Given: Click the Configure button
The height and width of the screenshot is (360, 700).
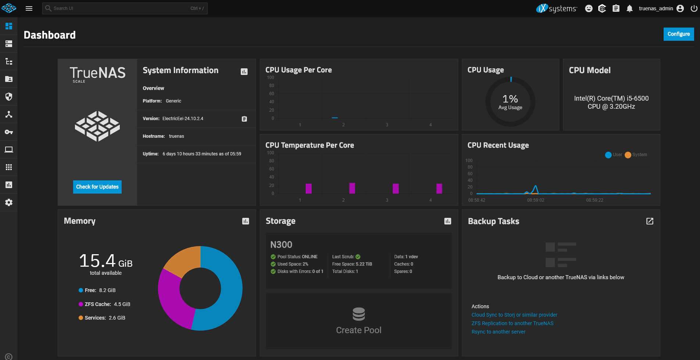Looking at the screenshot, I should [x=678, y=34].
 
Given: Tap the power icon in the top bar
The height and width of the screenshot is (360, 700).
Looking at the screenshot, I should [x=694, y=8].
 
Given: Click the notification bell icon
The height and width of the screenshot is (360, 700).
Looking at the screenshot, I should [x=629, y=8].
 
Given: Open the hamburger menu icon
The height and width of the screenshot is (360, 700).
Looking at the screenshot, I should [x=29, y=8].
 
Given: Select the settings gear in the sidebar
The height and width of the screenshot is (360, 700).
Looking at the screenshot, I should [x=9, y=202].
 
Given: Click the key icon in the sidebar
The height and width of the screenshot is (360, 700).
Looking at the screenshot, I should [x=9, y=132].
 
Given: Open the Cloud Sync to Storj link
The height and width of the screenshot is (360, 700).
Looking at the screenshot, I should [x=514, y=315].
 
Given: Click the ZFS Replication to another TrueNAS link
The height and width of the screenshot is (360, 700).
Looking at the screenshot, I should [x=512, y=323].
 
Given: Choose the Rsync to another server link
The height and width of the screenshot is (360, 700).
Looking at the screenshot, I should [x=498, y=332].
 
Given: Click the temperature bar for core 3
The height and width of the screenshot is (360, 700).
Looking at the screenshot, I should [x=396, y=188].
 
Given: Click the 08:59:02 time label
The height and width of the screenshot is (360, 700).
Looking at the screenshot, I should [x=535, y=200].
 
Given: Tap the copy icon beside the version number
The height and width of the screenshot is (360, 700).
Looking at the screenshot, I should [x=244, y=119].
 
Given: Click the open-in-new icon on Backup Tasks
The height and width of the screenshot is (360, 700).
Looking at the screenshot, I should [x=650, y=221].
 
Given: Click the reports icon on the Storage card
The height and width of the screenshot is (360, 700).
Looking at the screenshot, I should [x=448, y=221].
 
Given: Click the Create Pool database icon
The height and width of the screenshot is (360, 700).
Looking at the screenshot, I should [x=359, y=314].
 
